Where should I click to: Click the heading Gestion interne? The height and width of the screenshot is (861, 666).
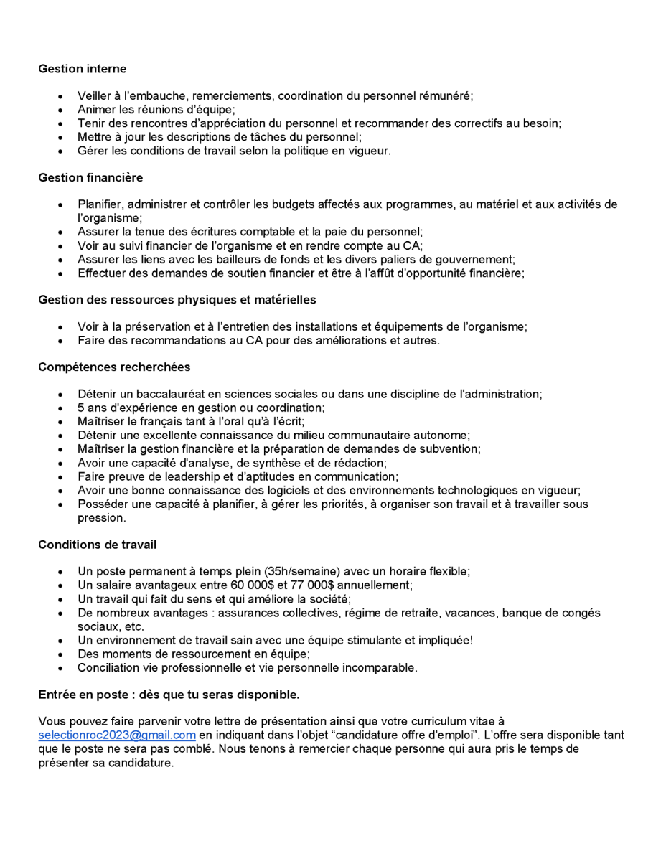(82, 69)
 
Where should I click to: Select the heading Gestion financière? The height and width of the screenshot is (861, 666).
(90, 177)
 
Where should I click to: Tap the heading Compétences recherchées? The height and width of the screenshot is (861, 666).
(114, 367)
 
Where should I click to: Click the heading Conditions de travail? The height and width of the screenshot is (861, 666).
(97, 545)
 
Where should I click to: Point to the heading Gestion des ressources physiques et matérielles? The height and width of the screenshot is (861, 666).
(177, 299)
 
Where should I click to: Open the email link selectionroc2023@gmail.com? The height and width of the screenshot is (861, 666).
(117, 735)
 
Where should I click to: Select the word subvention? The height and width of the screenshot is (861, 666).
(451, 449)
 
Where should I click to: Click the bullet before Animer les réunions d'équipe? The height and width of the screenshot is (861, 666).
(61, 110)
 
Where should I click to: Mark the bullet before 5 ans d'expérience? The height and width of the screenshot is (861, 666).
(61, 408)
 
